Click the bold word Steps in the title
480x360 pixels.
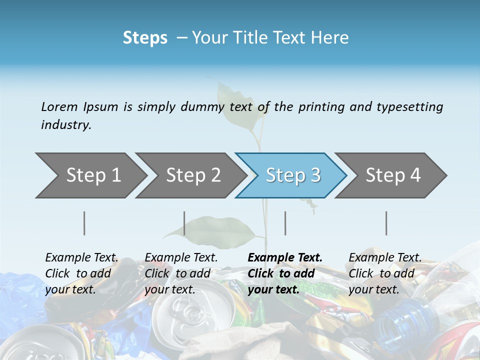(x=145, y=37)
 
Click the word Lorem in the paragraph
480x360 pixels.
(x=59, y=106)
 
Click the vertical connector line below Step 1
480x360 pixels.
(x=84, y=223)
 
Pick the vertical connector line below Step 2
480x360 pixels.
(x=184, y=223)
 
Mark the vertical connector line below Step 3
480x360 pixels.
(x=285, y=223)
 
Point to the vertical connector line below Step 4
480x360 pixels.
(x=386, y=223)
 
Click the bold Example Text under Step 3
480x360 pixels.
(x=285, y=257)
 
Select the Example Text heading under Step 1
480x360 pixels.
(x=81, y=257)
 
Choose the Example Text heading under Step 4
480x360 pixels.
(x=385, y=257)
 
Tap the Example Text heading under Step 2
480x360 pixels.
(x=181, y=257)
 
